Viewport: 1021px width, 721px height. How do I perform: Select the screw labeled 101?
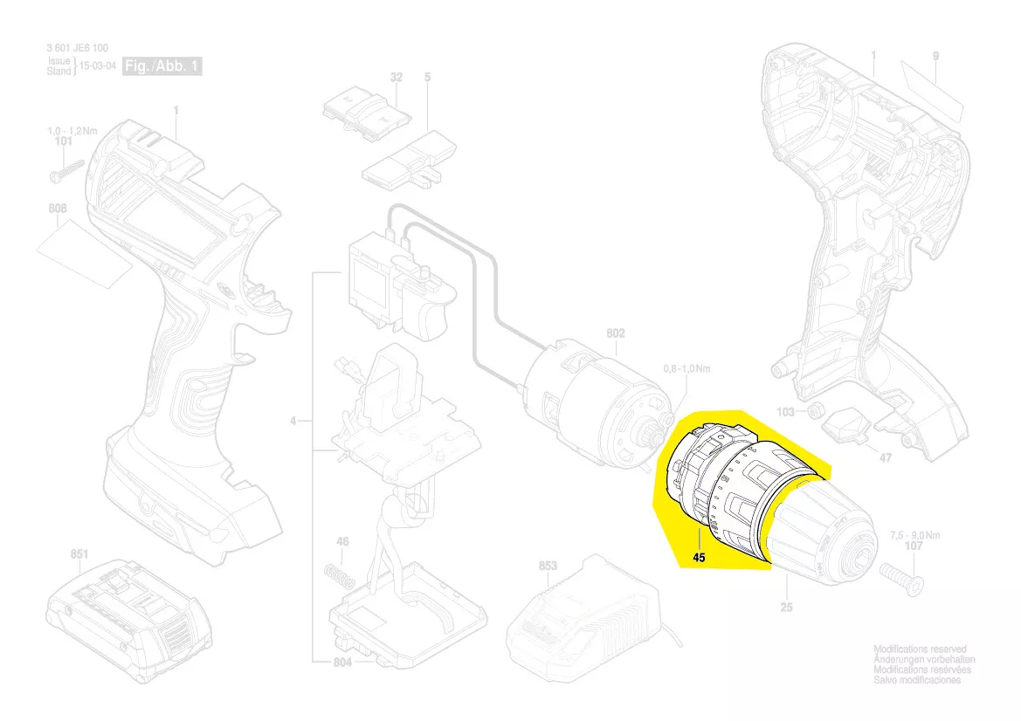(x=66, y=169)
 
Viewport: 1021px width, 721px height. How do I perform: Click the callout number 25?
(x=787, y=607)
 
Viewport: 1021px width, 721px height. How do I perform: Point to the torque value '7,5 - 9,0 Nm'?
(x=915, y=534)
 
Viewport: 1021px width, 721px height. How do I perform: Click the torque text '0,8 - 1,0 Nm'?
(x=687, y=369)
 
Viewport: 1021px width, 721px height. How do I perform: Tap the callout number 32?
(x=397, y=78)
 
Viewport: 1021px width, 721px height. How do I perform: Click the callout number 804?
(x=342, y=663)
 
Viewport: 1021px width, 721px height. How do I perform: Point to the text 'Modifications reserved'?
(x=921, y=650)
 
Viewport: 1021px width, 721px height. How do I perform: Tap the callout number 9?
(x=935, y=57)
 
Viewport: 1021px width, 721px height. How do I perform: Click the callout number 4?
(x=294, y=422)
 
